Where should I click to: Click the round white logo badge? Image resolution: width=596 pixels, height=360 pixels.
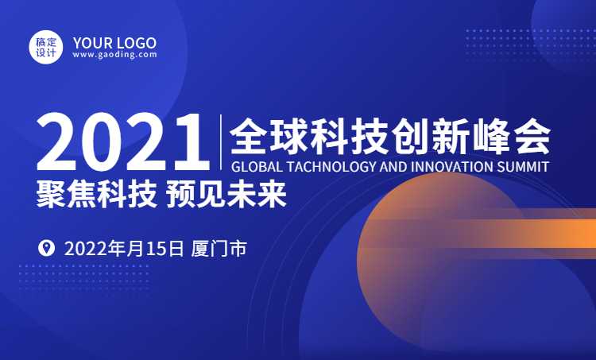[x=46, y=47]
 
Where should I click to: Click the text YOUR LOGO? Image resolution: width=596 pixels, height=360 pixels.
[x=114, y=43]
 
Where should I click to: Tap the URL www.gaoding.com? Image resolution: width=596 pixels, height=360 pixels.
[x=114, y=55]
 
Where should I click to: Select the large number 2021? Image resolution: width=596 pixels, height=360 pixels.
[x=123, y=142]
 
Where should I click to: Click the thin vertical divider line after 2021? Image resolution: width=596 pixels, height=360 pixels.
[x=221, y=141]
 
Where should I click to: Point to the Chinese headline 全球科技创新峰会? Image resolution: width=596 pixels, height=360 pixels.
[x=390, y=137]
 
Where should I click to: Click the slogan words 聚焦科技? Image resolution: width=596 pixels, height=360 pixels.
[x=97, y=194]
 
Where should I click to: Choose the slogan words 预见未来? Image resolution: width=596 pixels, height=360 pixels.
[x=226, y=194]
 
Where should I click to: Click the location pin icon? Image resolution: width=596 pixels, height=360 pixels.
[x=46, y=248]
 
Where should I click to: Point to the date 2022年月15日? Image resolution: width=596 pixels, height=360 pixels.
[x=124, y=249]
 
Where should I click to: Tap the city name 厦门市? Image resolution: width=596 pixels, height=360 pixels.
[x=219, y=249]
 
